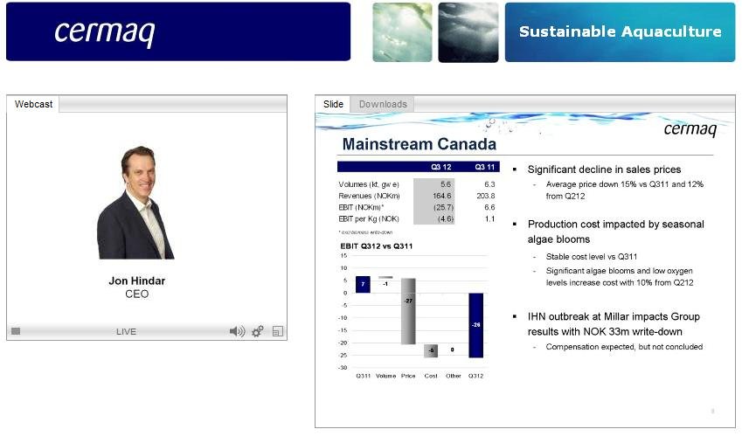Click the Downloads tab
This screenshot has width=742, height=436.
pos(383,104)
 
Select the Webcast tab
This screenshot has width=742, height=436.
pos(33,104)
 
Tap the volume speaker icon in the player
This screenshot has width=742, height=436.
pos(237,331)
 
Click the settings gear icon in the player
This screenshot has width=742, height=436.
pos(257,331)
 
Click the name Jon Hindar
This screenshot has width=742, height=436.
pos(136,281)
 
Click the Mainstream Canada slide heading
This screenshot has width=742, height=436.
pos(419,144)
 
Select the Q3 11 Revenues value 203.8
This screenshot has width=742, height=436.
pos(482,196)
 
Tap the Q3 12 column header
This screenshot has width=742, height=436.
pos(440,167)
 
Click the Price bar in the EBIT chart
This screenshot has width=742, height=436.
pos(408,311)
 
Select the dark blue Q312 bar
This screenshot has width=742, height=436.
pos(475,325)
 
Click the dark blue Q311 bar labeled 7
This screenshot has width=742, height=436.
pos(363,284)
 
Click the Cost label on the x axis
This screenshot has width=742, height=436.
pos(431,376)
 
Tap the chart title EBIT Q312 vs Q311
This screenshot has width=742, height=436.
pos(376,246)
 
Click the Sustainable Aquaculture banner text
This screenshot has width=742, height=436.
pos(620,32)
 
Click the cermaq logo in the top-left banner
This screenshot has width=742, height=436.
pos(104,31)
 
